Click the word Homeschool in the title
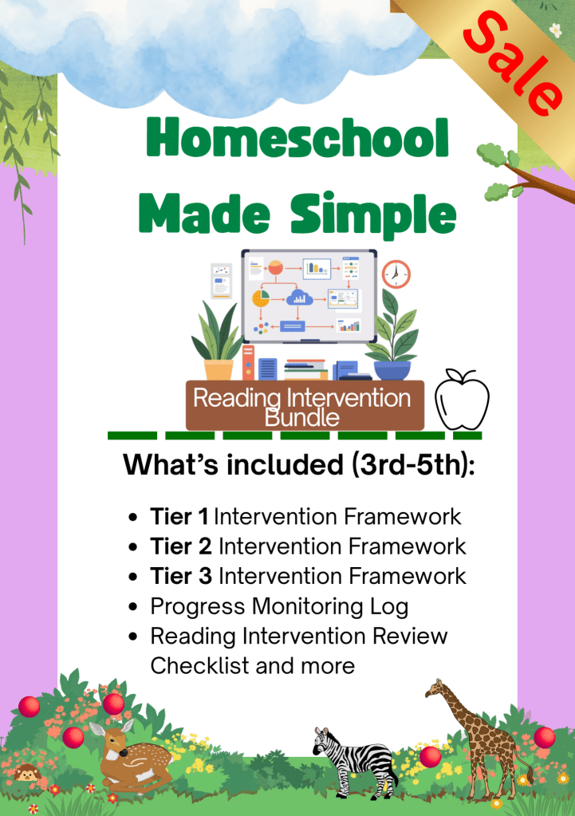point(297,137)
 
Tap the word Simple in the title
point(373,213)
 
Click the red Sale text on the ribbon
point(513,64)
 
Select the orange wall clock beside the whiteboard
point(396,274)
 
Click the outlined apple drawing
point(462,400)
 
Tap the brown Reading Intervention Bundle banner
point(305,405)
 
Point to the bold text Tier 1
point(179,517)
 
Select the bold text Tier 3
point(181,576)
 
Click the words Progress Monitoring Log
point(279,607)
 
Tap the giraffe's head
point(435,689)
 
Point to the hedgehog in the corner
point(26,774)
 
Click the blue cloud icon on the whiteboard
point(299,298)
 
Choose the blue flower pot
point(392,370)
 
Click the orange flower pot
point(219,369)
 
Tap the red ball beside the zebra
point(431,757)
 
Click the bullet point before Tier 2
point(133,547)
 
